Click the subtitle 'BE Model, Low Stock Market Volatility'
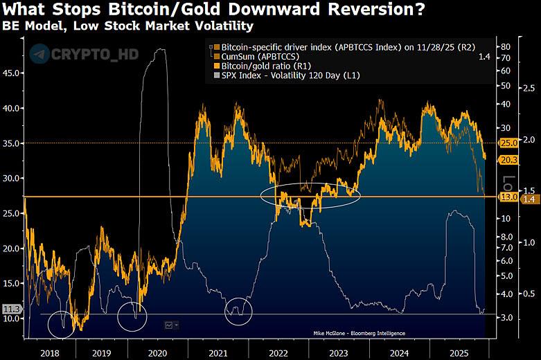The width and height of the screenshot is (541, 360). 127,26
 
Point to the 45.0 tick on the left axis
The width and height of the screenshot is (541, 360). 11,72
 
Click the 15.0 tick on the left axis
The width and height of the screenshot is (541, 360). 11,283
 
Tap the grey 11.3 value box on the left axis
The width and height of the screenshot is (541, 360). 12,309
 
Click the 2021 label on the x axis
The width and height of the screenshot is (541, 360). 218,352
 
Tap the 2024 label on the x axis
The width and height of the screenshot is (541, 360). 399,352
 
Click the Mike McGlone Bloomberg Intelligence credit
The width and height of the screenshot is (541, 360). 359,334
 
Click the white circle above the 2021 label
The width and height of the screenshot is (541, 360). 239,311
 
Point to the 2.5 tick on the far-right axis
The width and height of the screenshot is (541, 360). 529,88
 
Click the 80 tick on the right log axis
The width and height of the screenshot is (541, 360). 506,46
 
